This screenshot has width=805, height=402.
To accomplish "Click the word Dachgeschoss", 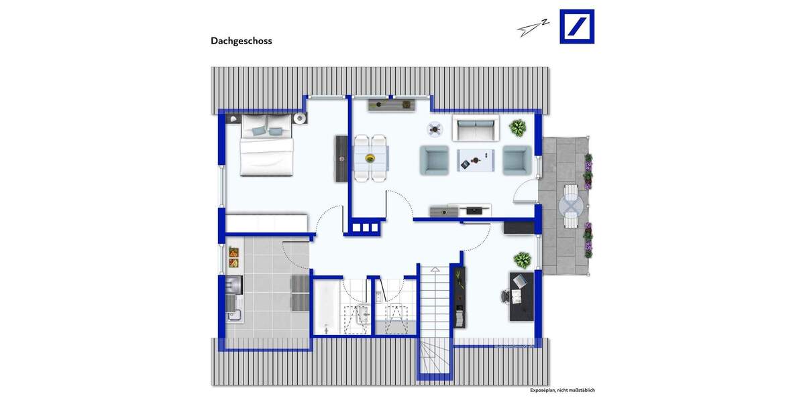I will click(241, 41).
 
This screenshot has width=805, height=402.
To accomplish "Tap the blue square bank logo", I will click(577, 27).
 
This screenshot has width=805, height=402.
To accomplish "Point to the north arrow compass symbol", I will click(533, 27).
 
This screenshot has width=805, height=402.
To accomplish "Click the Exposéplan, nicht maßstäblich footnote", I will click(562, 390).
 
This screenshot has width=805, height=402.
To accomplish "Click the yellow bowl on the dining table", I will click(370, 158).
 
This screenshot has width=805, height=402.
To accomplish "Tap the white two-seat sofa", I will click(476, 128).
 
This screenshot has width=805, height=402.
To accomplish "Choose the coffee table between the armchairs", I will click(476, 160).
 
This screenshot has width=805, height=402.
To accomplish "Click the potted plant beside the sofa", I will click(518, 127).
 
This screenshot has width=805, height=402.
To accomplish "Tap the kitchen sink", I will click(233, 314).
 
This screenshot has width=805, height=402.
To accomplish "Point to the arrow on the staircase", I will click(434, 272).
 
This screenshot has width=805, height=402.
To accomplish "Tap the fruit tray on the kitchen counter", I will click(233, 253).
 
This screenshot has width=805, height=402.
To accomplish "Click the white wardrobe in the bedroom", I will click(266, 222).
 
